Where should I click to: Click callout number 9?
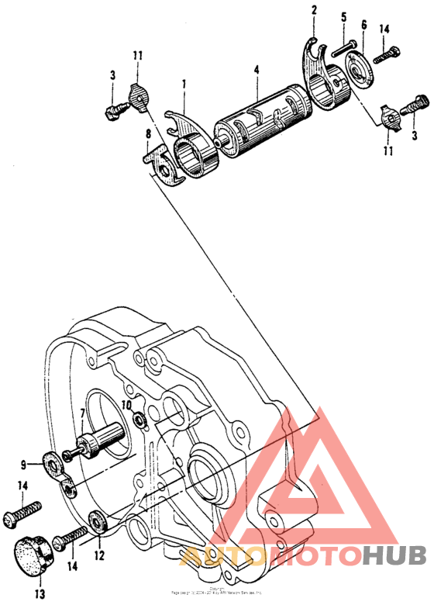[25, 464]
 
